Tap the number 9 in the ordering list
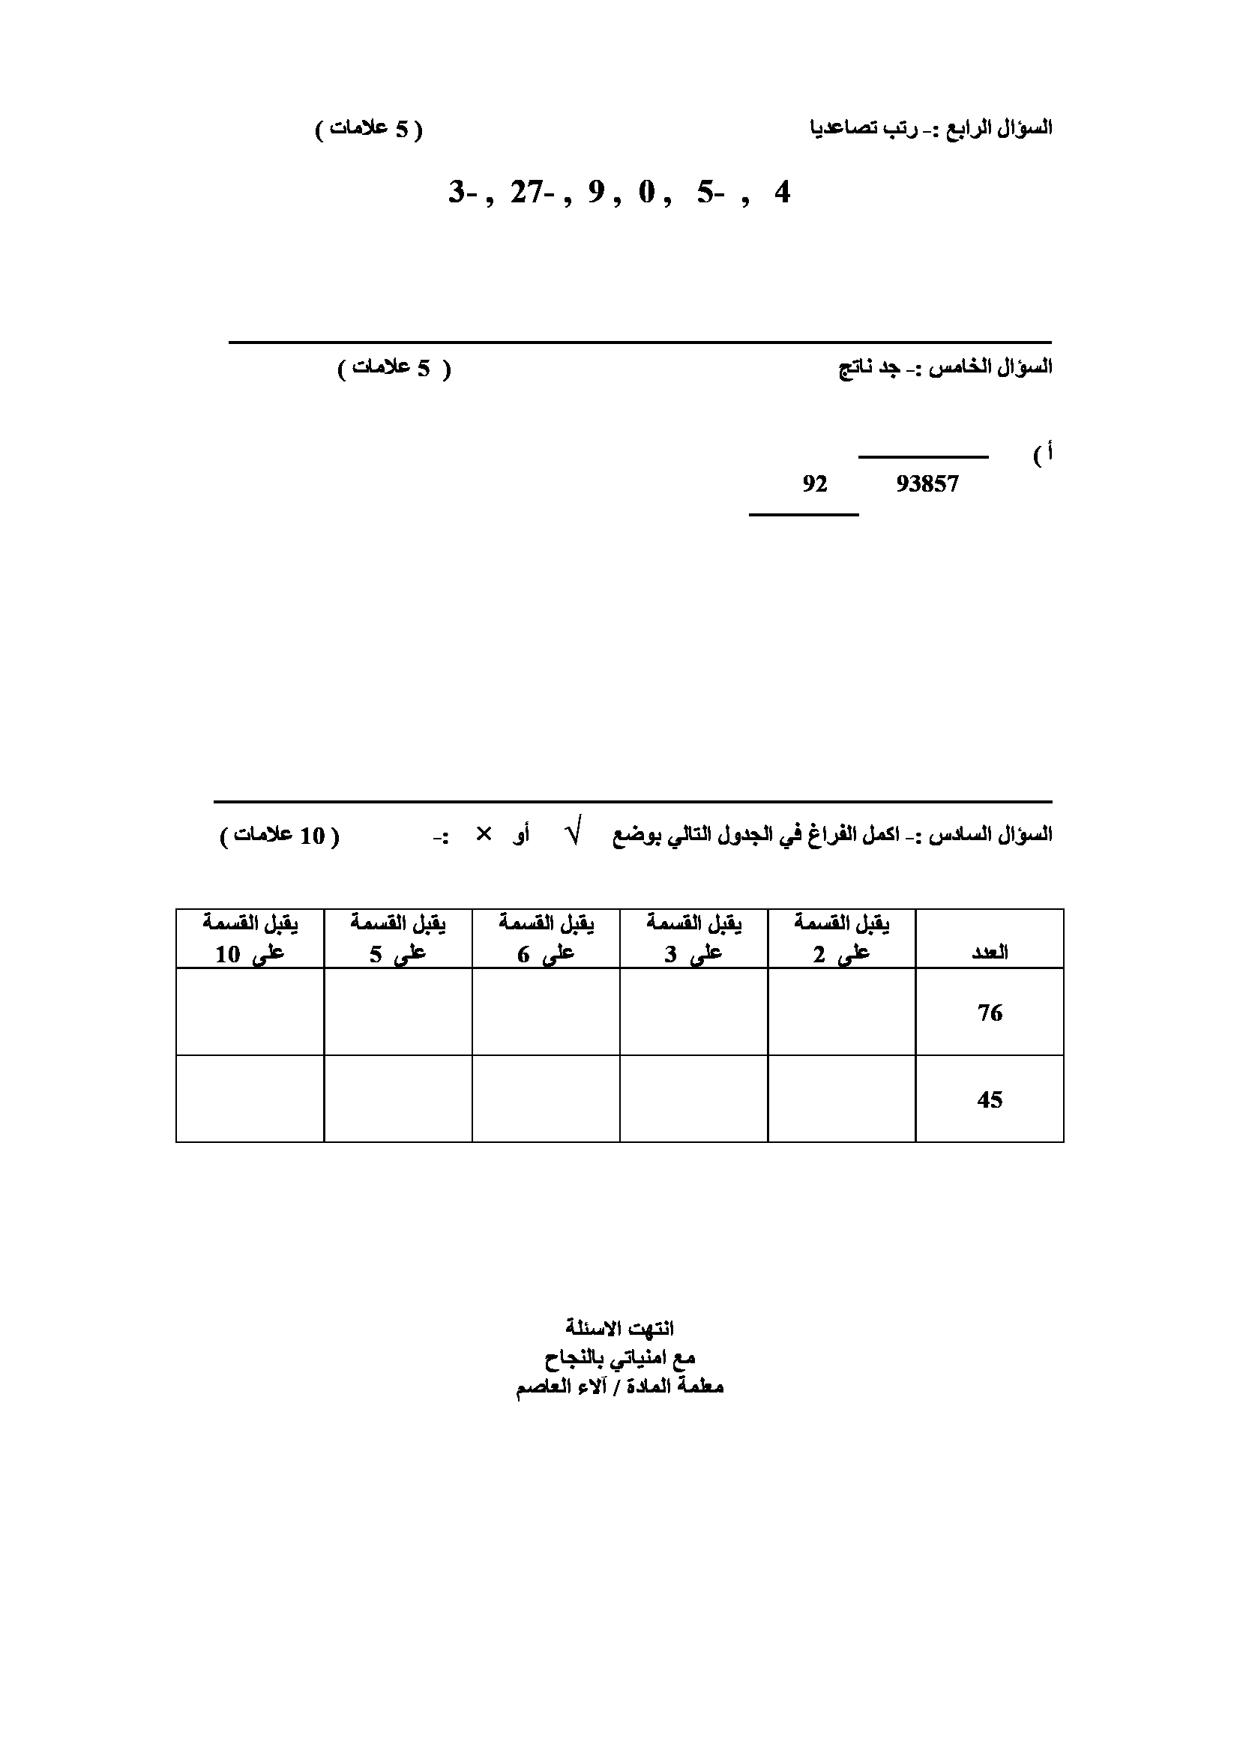coord(595,193)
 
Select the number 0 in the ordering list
coord(647,193)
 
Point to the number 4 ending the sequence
coord(781,193)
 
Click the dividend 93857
coord(927,484)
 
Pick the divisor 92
coord(815,484)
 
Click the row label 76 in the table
coord(989,1013)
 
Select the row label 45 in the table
coord(989,1100)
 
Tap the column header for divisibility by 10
coord(250,939)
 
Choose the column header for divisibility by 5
coord(398,939)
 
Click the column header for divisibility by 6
coord(546,939)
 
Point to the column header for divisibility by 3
coord(693,939)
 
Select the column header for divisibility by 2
coord(841,939)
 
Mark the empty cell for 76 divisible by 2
coord(841,1013)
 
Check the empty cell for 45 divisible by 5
coord(398,1099)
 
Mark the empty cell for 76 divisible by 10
coord(250,1013)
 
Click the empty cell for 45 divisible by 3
coord(693,1099)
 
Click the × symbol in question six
coord(484,834)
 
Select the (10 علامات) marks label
coord(280,836)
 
